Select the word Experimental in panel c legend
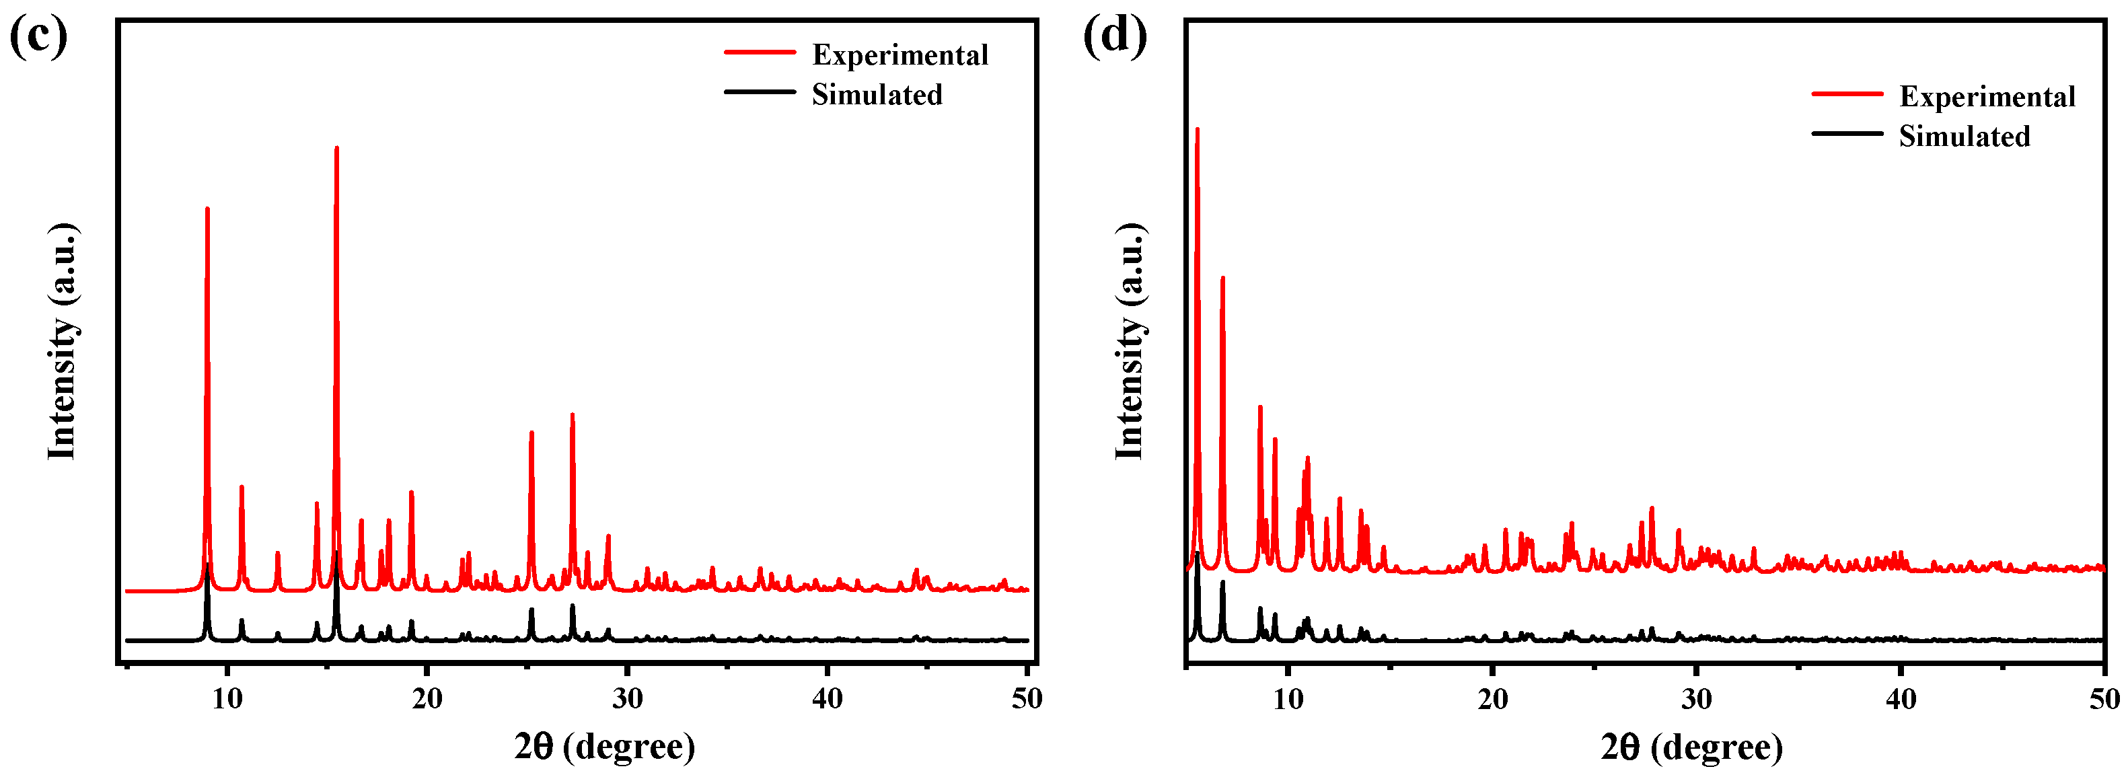pos(900,54)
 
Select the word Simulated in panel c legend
pos(877,94)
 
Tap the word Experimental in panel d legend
pos(1987,97)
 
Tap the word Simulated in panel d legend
pos(1964,137)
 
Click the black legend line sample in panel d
pos(1847,134)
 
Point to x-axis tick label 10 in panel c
pos(227,698)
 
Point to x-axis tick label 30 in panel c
pos(627,698)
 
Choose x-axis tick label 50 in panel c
pos(1027,698)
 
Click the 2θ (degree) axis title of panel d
pos(1691,747)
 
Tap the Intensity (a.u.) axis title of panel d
pos(1130,340)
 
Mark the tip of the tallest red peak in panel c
pos(336,149)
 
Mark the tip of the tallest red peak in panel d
pos(1197,130)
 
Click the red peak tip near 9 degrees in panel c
pos(207,209)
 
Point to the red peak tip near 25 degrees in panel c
pos(531,433)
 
